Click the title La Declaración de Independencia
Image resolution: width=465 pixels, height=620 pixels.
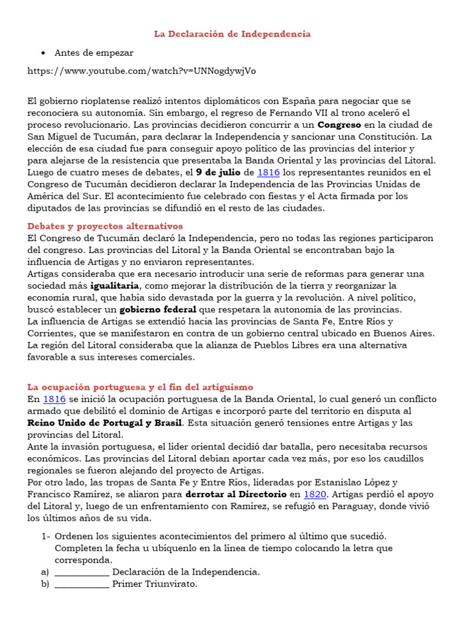tap(232, 34)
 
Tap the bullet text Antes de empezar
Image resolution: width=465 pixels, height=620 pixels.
tap(94, 53)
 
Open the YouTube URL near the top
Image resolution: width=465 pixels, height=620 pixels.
tap(142, 71)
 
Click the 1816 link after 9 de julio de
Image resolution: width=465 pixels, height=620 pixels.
tap(268, 173)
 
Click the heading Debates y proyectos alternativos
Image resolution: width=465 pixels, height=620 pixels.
tap(105, 226)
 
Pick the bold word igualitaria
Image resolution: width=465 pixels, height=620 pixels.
tap(115, 286)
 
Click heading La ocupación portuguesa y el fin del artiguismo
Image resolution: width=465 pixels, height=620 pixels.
tap(140, 387)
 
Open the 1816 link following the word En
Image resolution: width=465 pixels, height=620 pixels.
tap(54, 399)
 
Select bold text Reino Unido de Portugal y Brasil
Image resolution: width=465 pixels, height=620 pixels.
tap(105, 423)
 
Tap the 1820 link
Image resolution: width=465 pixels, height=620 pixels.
tap(314, 494)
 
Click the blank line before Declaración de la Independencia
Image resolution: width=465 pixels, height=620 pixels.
tap(82, 572)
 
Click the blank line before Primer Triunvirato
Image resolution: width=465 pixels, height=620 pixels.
tap(82, 584)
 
